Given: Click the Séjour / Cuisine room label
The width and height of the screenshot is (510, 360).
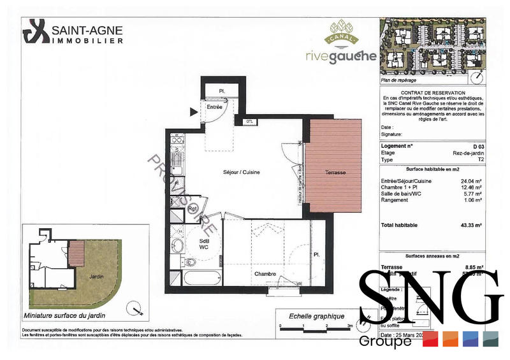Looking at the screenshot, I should (x=242, y=173).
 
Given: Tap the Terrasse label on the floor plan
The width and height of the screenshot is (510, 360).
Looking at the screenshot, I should (x=334, y=173).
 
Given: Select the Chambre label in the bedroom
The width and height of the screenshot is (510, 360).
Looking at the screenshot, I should (x=265, y=274).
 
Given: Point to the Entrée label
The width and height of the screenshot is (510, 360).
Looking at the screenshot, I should (x=215, y=107).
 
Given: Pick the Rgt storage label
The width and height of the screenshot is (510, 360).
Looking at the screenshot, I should (x=191, y=207).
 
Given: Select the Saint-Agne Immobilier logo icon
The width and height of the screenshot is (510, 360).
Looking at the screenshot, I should (x=36, y=31).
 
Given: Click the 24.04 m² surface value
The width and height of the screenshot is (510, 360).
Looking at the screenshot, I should (x=472, y=181).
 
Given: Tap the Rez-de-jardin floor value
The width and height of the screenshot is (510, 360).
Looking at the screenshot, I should (x=469, y=153).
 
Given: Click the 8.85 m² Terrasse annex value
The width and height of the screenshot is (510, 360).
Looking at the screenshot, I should (x=472, y=267).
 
